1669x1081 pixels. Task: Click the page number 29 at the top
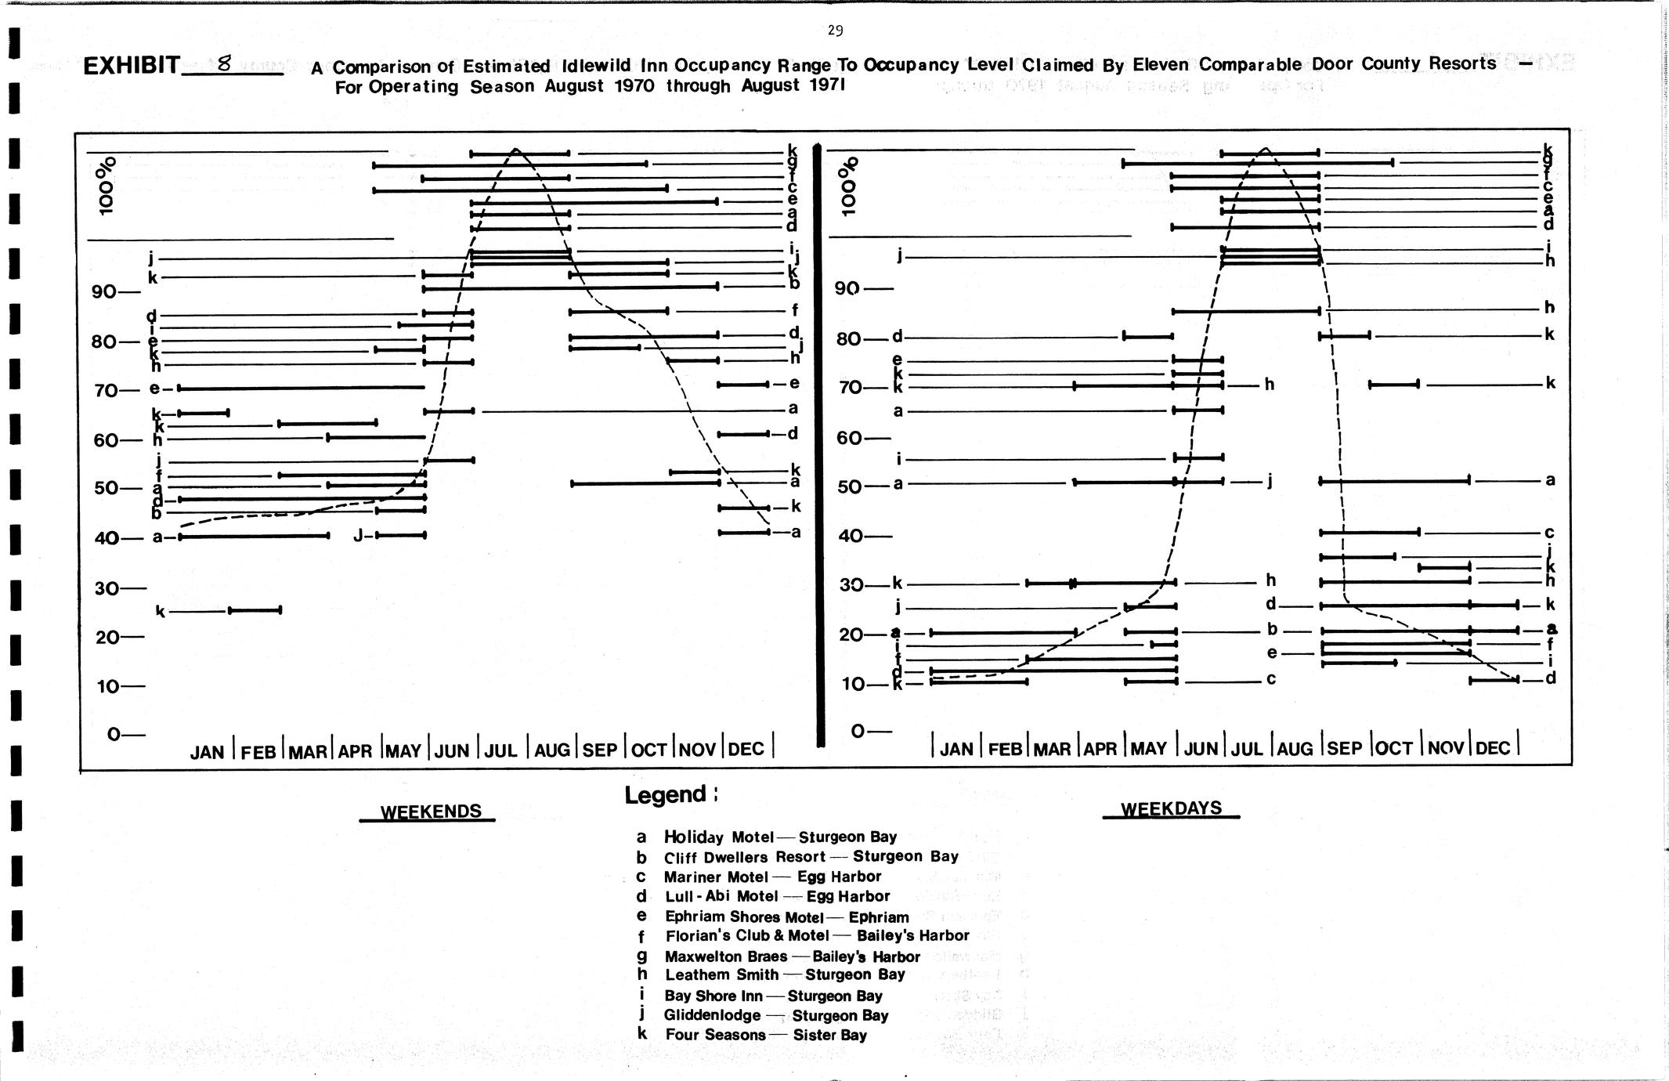point(835,31)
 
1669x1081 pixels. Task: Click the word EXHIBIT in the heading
point(132,65)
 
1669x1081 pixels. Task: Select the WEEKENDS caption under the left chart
point(431,812)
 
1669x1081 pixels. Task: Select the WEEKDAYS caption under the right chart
point(1171,808)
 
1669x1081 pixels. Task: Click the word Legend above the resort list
point(666,795)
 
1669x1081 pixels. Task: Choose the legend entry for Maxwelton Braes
point(792,956)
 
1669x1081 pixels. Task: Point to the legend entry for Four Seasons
point(766,1035)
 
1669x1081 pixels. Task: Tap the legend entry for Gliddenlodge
point(775,1015)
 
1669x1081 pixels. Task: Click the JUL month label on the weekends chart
point(501,750)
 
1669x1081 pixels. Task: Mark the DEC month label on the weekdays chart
point(1493,748)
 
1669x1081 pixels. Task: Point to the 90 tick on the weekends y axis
point(106,292)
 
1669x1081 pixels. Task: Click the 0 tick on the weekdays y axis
point(859,731)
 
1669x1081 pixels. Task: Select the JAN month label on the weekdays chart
point(956,749)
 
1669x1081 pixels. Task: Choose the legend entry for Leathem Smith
point(784,975)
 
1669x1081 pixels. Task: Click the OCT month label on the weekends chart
point(648,750)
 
